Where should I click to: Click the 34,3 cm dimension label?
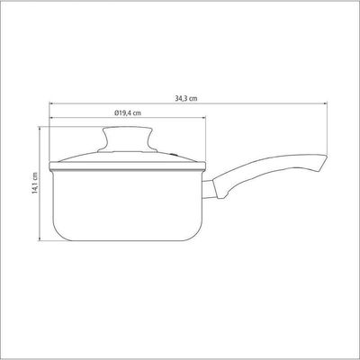click(186, 98)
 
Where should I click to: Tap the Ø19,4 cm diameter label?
click(128, 112)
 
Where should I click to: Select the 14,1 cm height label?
click(35, 183)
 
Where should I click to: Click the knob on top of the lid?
click(128, 139)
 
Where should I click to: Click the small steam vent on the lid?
click(175, 155)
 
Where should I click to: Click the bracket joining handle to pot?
click(208, 189)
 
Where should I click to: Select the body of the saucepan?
click(127, 205)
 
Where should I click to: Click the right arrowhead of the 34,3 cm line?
click(325, 103)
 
